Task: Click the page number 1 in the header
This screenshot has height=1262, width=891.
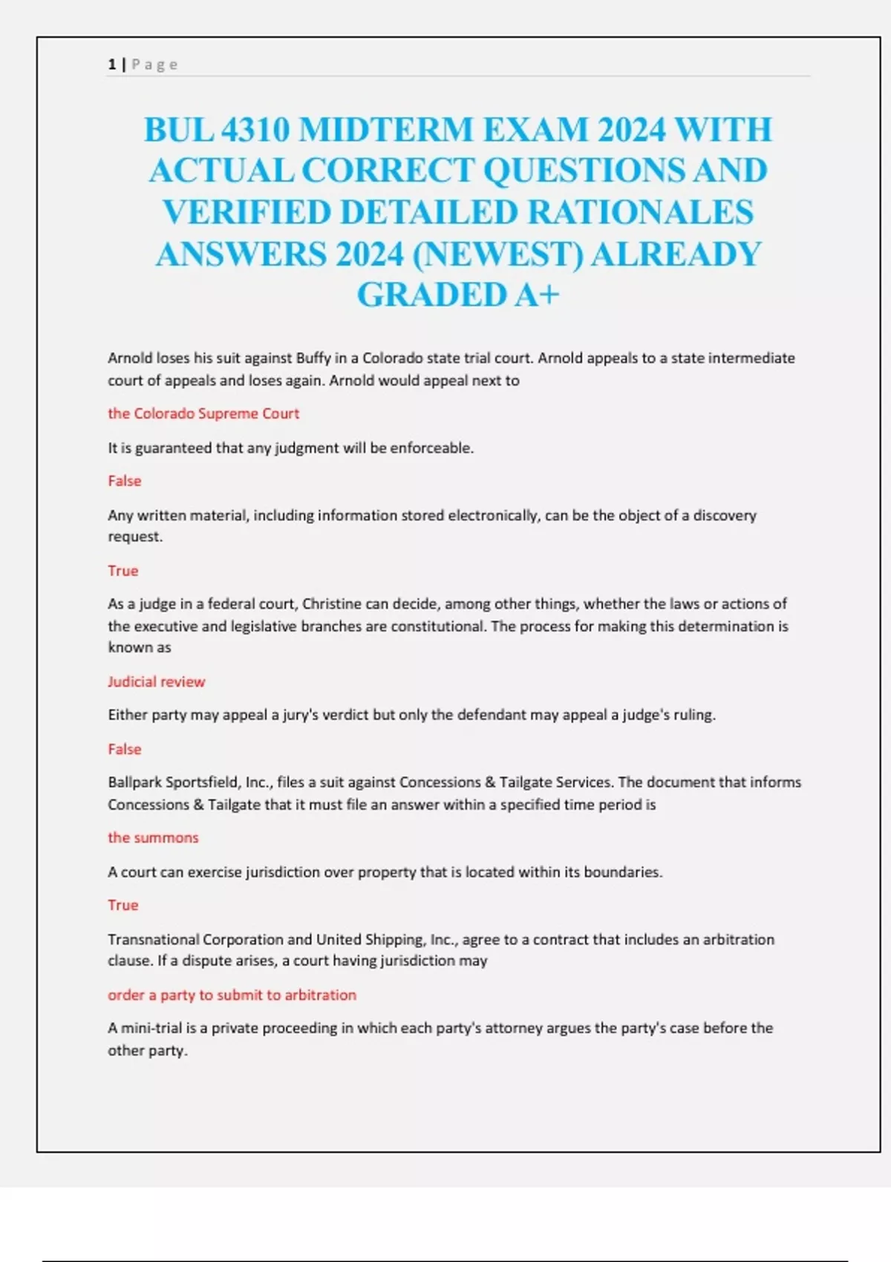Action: click(111, 65)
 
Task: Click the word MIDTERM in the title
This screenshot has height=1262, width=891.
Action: click(385, 130)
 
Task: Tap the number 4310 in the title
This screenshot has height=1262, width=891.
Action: click(255, 130)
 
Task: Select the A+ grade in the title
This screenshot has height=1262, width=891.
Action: click(537, 295)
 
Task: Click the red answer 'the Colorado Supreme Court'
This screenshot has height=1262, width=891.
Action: click(203, 413)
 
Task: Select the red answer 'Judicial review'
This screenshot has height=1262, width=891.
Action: click(156, 681)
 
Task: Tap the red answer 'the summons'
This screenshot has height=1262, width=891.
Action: click(153, 837)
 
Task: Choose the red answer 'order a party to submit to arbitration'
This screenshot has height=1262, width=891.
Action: click(232, 995)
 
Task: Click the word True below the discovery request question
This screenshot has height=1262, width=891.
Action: click(123, 571)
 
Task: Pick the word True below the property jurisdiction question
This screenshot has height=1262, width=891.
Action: click(123, 905)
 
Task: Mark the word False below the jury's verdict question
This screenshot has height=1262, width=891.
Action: click(124, 749)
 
